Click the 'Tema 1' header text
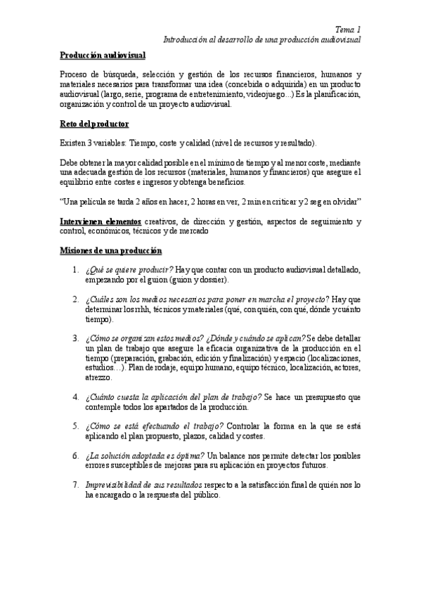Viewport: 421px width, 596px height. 347,30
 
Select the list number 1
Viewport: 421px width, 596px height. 75,271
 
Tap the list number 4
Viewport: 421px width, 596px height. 75,398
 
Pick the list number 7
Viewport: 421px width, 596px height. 75,485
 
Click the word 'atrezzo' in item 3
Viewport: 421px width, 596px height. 98,377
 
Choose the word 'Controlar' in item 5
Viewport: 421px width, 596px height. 247,427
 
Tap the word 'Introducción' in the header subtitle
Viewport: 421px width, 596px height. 183,40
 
